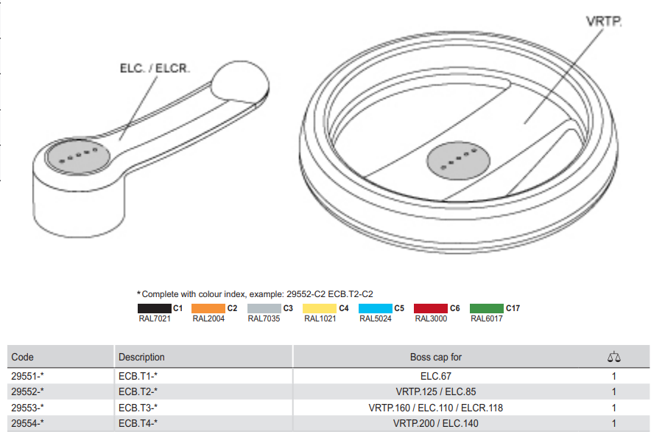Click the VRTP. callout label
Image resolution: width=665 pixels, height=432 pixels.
pyautogui.click(x=604, y=21)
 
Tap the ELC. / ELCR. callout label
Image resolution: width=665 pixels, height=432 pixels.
pyautogui.click(x=155, y=69)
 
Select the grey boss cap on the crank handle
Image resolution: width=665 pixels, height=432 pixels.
pyautogui.click(x=79, y=156)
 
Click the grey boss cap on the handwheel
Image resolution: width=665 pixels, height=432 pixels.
pyautogui.click(x=459, y=161)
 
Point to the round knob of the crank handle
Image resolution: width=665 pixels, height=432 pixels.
pyautogui.click(x=240, y=82)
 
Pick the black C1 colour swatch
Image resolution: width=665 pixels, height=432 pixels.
pyautogui.click(x=155, y=308)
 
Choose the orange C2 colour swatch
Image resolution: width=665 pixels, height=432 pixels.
pyautogui.click(x=208, y=308)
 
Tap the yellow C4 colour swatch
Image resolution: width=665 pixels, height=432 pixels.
pyautogui.click(x=320, y=308)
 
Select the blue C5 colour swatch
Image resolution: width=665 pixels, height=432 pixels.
pyautogui.click(x=376, y=308)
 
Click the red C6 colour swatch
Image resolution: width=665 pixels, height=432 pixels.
pyautogui.click(x=431, y=308)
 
